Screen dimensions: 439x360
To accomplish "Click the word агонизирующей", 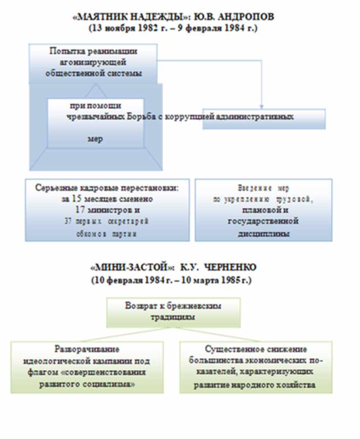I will tap(94, 62).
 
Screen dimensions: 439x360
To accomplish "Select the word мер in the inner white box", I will tap(96, 139).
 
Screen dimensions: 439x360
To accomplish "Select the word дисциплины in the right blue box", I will tap(263, 233).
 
